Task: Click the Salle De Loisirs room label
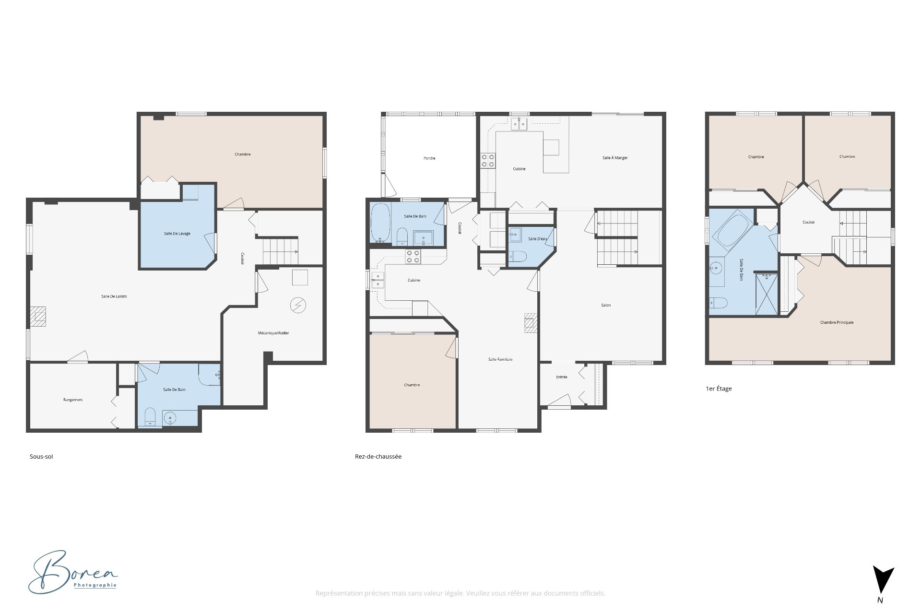[114, 296]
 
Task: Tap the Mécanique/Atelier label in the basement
[273, 333]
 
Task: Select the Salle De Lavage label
[177, 234]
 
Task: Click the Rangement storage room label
[73, 400]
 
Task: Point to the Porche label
[429, 158]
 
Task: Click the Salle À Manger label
[615, 158]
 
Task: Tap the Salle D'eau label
[537, 239]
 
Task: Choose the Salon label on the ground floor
[606, 305]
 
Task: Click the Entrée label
[561, 377]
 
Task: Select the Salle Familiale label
[500, 359]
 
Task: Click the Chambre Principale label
[837, 322]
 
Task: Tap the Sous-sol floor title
[41, 457]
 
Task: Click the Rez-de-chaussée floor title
[378, 457]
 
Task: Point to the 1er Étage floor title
[719, 389]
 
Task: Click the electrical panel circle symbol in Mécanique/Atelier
[298, 305]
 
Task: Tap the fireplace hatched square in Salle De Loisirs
[38, 317]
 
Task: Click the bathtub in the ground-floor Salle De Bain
[380, 223]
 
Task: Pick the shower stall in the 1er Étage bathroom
[766, 294]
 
